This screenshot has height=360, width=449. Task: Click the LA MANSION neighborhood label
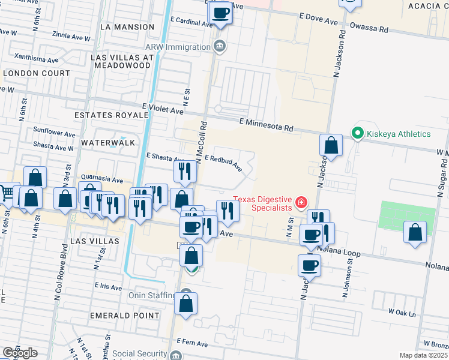click(127, 27)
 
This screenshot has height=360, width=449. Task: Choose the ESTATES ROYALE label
click(104, 114)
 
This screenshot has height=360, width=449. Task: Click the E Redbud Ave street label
click(223, 161)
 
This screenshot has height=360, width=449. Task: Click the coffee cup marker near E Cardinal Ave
click(221, 13)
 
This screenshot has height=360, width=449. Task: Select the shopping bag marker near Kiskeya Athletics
click(331, 146)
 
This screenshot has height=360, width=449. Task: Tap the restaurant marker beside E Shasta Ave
click(185, 172)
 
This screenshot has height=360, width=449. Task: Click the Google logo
click(19, 353)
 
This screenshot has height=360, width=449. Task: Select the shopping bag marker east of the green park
click(415, 233)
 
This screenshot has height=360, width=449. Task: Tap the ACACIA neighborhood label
click(424, 5)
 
